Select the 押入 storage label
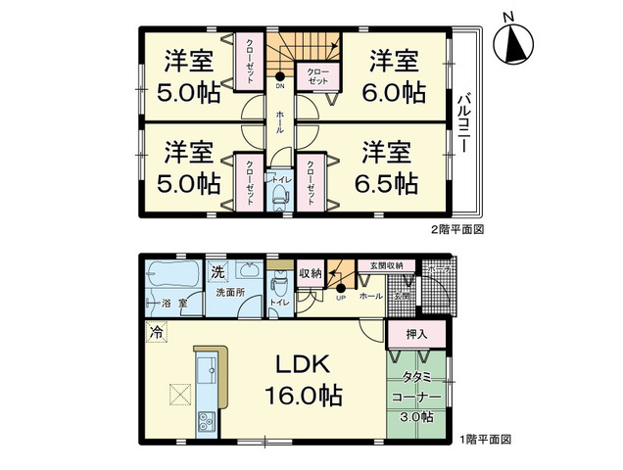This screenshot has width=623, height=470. click(417, 334)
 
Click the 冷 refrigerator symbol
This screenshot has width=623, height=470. click(155, 332)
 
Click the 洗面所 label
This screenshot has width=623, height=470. click(231, 294)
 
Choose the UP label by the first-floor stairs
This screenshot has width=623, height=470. click(340, 299)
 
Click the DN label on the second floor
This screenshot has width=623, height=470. click(281, 85)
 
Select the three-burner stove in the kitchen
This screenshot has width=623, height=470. click(208, 422)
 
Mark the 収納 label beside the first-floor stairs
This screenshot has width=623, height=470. click(310, 273)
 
